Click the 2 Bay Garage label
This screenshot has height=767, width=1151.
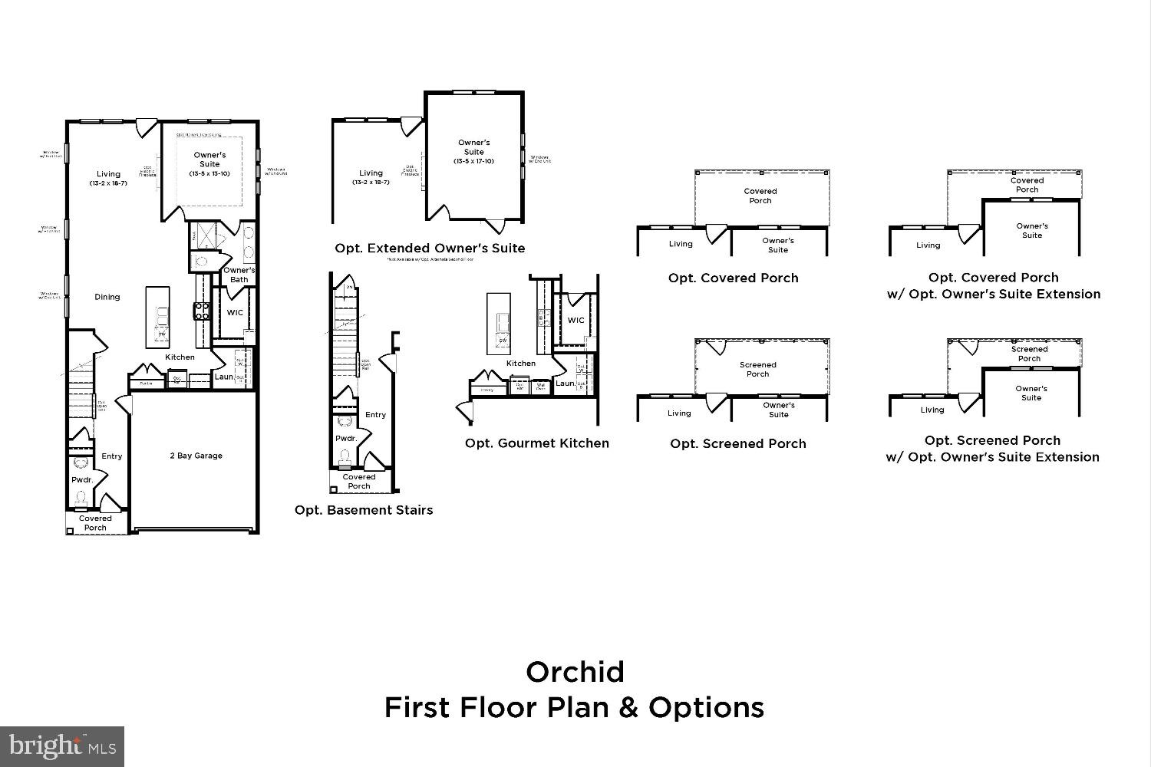[x=196, y=456]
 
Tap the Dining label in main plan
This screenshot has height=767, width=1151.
[x=107, y=297]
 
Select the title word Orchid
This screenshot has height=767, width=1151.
[x=575, y=672]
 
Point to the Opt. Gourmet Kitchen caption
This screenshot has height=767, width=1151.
[x=536, y=443]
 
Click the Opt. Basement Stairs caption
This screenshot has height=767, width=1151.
[x=364, y=510]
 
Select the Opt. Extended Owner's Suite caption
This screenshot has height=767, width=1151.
[x=430, y=249]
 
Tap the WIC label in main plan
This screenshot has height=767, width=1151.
[x=234, y=313]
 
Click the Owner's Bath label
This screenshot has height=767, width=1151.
[x=239, y=275]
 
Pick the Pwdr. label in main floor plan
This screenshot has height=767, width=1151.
[x=82, y=479]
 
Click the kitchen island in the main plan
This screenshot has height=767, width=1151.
[x=158, y=317]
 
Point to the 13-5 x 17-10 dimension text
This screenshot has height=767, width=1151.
[x=473, y=161]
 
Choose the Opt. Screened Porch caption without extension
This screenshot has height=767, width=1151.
[x=737, y=443]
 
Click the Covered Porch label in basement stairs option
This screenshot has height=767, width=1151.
[x=358, y=482]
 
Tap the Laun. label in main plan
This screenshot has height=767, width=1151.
[x=223, y=377]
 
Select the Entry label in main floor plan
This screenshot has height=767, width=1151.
[x=112, y=456]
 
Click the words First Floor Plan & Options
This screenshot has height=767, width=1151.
[x=574, y=707]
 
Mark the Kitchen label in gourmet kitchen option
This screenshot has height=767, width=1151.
[x=520, y=364]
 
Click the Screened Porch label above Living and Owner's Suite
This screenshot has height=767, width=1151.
[x=757, y=370]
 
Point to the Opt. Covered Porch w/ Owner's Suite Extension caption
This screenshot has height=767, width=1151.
[x=993, y=285]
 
